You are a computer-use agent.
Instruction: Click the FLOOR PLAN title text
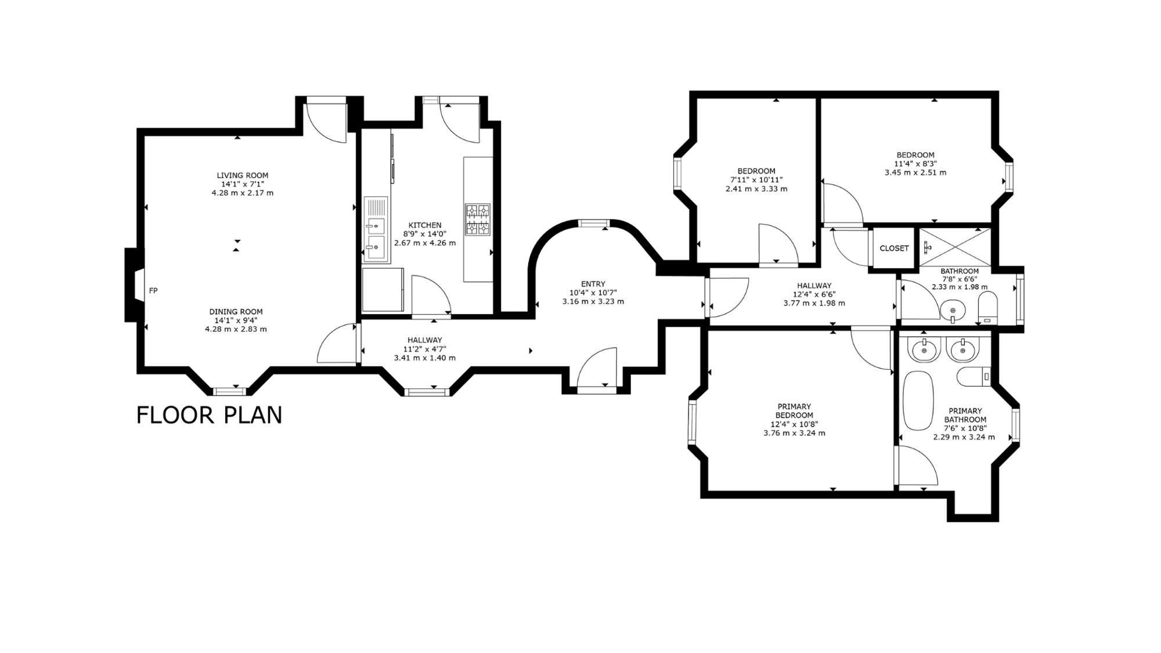209,415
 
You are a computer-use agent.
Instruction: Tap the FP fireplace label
153,291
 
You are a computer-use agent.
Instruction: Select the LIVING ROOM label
243,175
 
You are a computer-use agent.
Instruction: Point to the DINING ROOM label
236,312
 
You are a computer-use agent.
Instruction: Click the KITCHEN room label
425,225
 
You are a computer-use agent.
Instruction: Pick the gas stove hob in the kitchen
477,220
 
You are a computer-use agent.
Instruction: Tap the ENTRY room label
593,284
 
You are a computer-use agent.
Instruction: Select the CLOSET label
894,248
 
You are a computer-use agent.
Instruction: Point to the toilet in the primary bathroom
975,377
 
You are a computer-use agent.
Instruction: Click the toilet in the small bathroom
987,308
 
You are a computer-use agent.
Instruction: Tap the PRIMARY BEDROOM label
794,411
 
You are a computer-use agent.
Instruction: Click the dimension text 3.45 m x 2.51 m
915,172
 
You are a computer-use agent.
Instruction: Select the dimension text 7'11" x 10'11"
756,180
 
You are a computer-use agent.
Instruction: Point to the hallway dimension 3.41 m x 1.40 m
425,358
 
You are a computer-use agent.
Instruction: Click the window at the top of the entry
593,223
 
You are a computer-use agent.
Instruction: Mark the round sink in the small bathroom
952,310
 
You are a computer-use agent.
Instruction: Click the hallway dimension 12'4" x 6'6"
814,294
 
